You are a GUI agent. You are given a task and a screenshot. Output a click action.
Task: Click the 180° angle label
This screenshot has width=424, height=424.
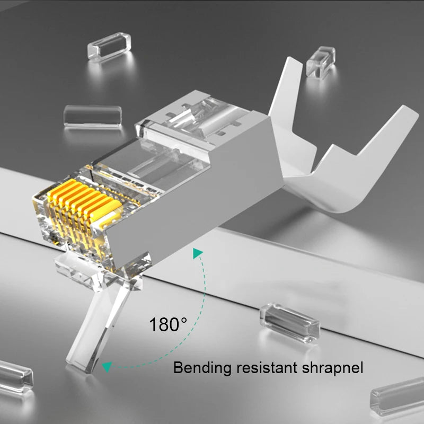[168, 324]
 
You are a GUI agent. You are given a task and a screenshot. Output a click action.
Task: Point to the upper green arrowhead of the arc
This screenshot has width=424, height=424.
[197, 254]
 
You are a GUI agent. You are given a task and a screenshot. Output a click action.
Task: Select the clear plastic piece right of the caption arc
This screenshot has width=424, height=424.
[290, 321]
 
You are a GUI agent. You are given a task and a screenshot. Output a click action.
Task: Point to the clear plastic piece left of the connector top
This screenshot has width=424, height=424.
[92, 117]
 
